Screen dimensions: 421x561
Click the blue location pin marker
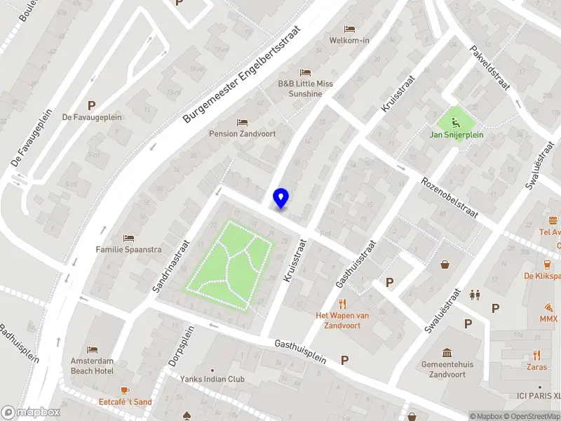pyautogui.click(x=280, y=199)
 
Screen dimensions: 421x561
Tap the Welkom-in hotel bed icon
pyautogui.click(x=349, y=29)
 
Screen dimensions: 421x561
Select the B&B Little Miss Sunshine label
pyautogui.click(x=305, y=88)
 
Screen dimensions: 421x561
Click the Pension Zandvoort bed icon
pyautogui.click(x=242, y=123)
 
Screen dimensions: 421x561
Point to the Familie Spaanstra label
pyautogui.click(x=128, y=249)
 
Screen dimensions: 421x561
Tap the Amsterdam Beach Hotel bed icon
pyautogui.click(x=92, y=349)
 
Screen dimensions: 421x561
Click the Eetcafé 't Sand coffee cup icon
pyautogui.click(x=125, y=390)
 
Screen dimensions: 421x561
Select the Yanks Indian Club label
pyautogui.click(x=212, y=379)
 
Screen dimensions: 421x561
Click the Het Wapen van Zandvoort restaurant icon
pyautogui.click(x=342, y=304)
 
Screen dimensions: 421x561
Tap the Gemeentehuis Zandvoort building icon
pyautogui.click(x=447, y=352)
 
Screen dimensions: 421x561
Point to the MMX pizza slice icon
pyautogui.click(x=548, y=307)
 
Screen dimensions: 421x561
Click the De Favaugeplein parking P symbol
pyautogui.click(x=91, y=105)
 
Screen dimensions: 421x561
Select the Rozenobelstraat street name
pyautogui.click(x=449, y=197)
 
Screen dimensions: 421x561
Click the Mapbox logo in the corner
pyautogui.click(x=20, y=413)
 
